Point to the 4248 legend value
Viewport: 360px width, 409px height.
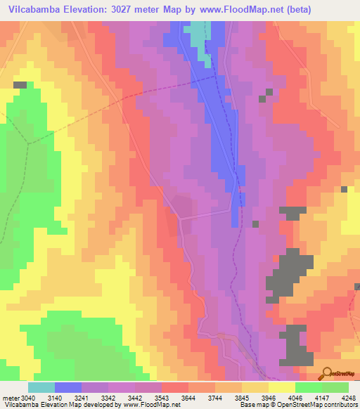[347, 397]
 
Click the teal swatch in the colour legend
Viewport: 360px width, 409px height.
[41, 387]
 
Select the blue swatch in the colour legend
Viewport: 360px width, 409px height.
[68, 387]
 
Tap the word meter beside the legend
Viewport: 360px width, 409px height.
[12, 397]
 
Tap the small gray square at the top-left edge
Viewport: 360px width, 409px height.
[20, 84]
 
